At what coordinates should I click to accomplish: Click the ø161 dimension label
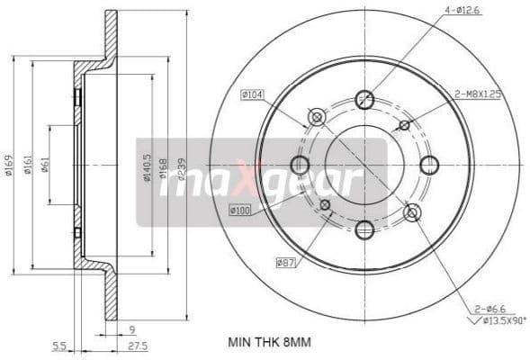(x=29, y=164)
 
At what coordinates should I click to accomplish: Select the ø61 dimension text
(x=45, y=164)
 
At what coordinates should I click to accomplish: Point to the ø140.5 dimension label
(x=147, y=166)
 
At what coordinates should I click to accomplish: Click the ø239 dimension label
(x=182, y=166)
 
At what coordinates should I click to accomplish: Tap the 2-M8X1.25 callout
(x=476, y=92)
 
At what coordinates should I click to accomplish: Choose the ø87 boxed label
(x=287, y=263)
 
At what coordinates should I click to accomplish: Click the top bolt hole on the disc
(x=364, y=100)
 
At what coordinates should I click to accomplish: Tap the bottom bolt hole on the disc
(x=364, y=229)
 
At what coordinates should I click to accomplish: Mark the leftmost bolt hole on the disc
(x=300, y=165)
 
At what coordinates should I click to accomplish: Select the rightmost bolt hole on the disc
(x=429, y=165)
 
